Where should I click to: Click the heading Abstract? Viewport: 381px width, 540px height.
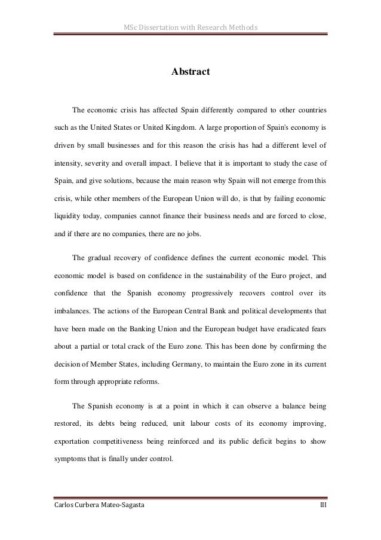point(190,72)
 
